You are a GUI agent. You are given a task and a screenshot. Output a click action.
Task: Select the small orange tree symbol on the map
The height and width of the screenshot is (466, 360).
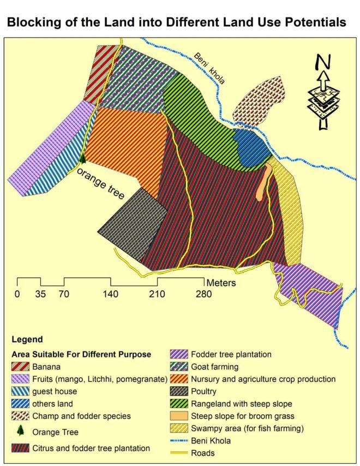(x=82, y=158)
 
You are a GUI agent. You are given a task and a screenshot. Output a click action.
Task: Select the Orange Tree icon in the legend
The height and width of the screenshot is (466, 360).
(x=21, y=431)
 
